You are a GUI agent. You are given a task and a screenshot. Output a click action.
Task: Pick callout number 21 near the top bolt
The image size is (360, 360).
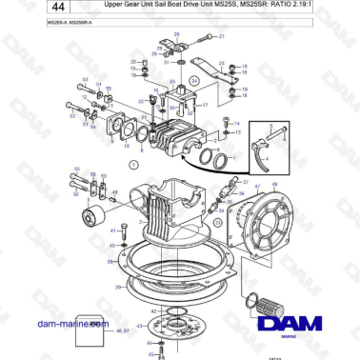(x=222, y=36)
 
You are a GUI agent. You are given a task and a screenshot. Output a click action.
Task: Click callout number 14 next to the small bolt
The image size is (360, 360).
(x=237, y=124)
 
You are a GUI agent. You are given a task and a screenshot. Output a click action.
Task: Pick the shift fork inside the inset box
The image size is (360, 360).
(x=276, y=148)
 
